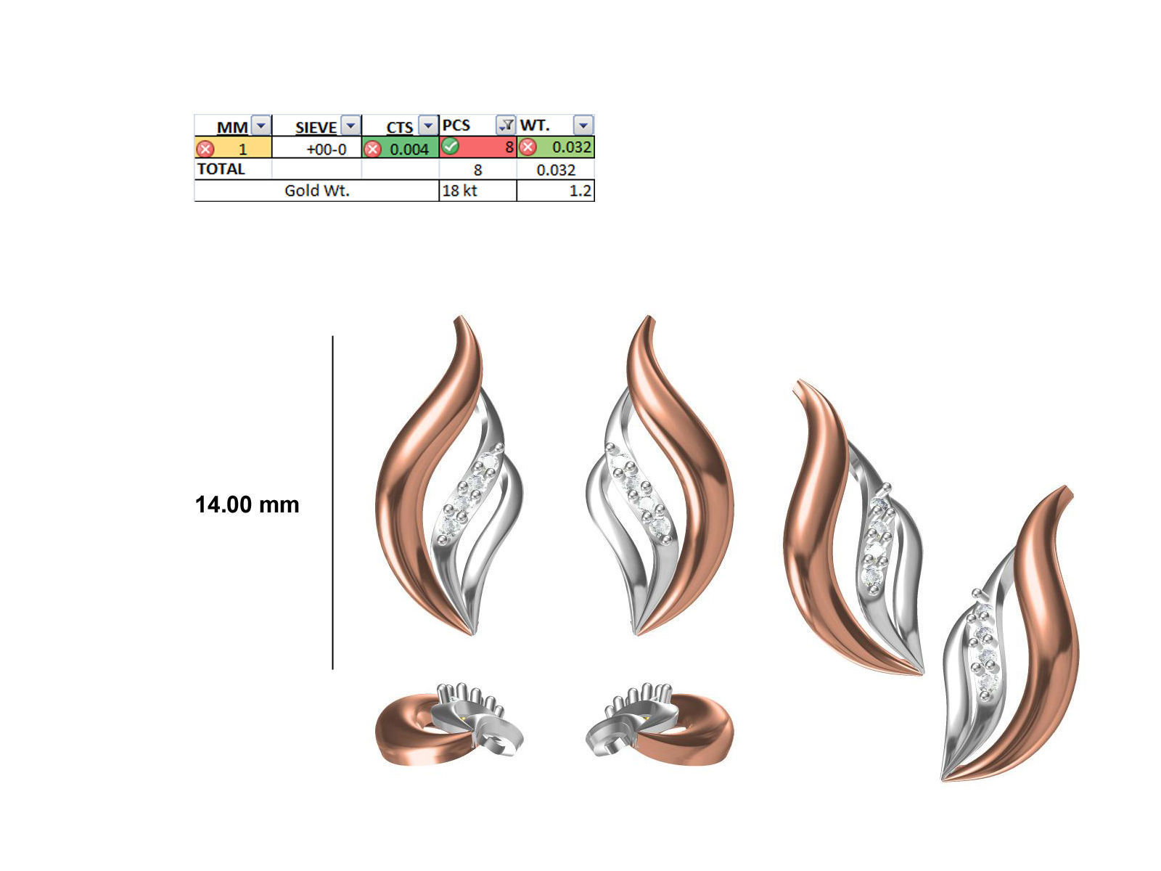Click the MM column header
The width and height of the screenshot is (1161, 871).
232,127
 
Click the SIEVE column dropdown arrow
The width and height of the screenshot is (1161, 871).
350,126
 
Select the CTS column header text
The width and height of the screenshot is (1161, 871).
399,127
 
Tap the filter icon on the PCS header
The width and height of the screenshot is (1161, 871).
505,125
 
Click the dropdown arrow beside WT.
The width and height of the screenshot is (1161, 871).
583,126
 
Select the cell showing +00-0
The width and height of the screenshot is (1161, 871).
326,149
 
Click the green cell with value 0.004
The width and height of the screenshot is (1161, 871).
409,149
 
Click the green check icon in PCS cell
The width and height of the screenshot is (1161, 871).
451,147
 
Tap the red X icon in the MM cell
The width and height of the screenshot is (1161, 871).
205,149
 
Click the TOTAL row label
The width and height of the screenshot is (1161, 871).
221,169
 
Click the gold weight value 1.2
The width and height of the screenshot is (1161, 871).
580,192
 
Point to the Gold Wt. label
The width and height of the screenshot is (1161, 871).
316,191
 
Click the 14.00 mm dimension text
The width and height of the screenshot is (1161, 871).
247,504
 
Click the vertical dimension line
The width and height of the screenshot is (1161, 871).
333,501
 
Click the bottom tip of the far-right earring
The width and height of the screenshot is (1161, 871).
944,779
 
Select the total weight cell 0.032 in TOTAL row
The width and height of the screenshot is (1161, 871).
555,170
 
